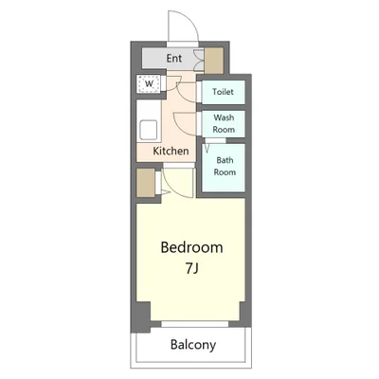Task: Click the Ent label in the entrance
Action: pos(174,59)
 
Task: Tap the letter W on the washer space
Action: pos(149,84)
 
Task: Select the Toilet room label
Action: pos(223,92)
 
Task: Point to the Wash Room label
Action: pos(224,123)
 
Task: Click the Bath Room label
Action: pos(225,166)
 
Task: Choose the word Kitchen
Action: pos(171,151)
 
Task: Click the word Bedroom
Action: pos(191,247)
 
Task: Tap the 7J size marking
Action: pos(191,268)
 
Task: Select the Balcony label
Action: pos(193,345)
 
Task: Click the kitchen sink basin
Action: pos(149,130)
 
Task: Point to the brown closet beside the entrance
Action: pos(214,61)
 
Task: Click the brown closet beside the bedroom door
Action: pos(146,183)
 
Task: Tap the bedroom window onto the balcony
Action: pos(195,324)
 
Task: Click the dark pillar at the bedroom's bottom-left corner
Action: pos(143,316)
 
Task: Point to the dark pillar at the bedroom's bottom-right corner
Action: pos(244,314)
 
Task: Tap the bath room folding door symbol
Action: pos(208,148)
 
